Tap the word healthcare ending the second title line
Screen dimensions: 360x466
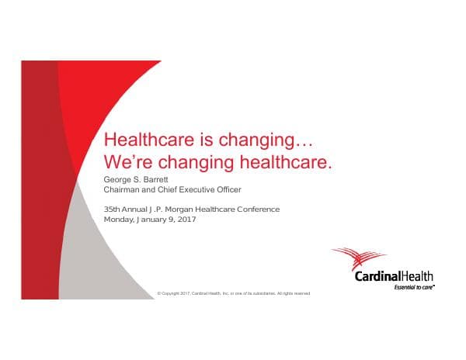287,163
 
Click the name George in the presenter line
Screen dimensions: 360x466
117,179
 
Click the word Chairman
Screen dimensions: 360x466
123,189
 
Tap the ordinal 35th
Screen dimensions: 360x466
113,209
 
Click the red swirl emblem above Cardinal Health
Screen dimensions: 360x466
360,258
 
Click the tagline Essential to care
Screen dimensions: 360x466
415,287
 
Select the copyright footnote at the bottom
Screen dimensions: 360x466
233,293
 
